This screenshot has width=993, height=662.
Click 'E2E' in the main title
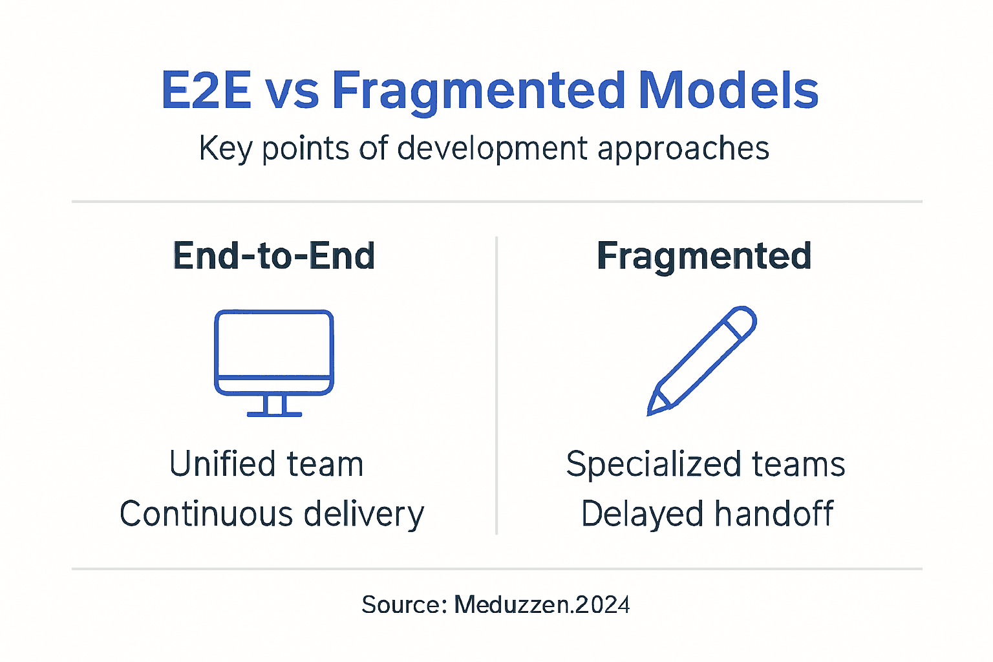tap(206, 91)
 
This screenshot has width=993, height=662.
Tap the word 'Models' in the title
tap(728, 91)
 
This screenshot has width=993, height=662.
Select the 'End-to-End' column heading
tap(274, 256)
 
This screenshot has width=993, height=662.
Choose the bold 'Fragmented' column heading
tap(704, 256)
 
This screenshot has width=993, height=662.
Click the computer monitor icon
tap(274, 352)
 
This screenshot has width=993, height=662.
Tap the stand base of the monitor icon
tap(274, 413)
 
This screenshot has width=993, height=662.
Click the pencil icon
tap(702, 360)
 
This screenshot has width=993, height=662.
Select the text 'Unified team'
tap(266, 464)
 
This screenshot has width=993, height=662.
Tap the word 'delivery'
tap(363, 515)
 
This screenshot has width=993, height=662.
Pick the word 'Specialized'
tap(653, 465)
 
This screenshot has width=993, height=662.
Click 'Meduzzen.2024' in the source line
tap(542, 605)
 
